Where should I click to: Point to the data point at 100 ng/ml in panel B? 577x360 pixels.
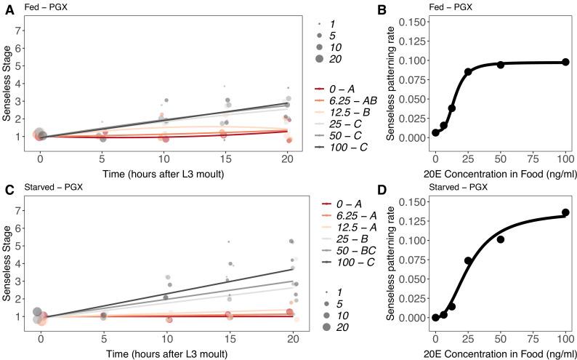tap(565, 63)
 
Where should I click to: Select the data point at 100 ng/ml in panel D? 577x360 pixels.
tap(565, 212)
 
